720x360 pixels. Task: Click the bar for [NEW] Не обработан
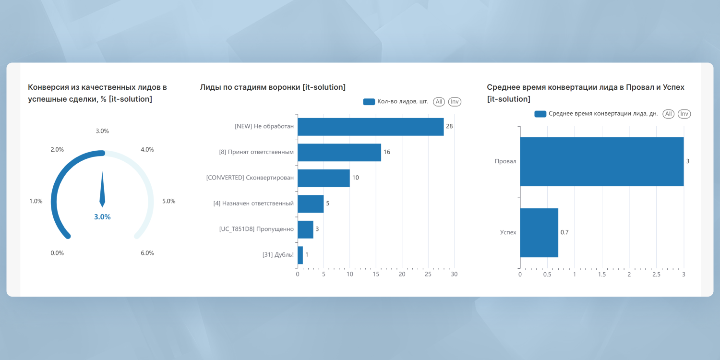click(x=371, y=127)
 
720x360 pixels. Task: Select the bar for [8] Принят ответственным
click(x=339, y=152)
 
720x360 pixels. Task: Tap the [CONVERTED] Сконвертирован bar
click(x=324, y=178)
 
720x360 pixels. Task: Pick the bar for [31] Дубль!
click(x=300, y=255)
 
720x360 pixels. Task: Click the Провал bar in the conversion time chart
click(x=601, y=162)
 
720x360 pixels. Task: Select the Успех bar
click(x=539, y=233)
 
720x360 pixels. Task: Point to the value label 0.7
click(x=564, y=232)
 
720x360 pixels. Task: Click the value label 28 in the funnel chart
click(x=449, y=126)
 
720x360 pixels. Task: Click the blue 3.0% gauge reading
click(x=102, y=217)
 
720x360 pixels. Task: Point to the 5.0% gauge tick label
click(x=168, y=201)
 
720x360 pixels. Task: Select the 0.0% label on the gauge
click(x=57, y=253)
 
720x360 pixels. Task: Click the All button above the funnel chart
click(x=439, y=102)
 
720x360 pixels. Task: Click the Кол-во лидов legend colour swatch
click(x=369, y=102)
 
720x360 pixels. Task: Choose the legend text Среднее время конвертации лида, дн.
click(x=603, y=114)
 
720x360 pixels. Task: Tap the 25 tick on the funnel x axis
click(x=428, y=275)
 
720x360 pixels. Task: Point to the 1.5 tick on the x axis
click(x=601, y=275)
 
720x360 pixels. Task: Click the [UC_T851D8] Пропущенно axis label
click(x=256, y=229)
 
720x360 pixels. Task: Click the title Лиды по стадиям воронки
click(x=273, y=87)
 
